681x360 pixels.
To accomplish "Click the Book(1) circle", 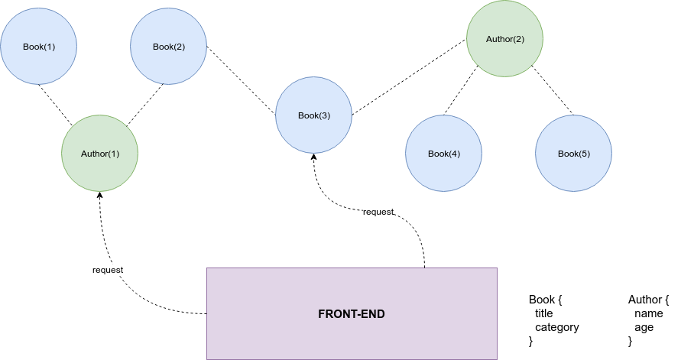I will (x=38, y=47).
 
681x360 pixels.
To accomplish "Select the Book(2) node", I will (x=169, y=47).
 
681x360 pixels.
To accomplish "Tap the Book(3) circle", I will (x=313, y=115).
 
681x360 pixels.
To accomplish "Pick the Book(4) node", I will (x=443, y=154).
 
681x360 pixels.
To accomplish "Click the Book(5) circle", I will (x=573, y=154).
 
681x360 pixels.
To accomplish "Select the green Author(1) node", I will (x=100, y=154).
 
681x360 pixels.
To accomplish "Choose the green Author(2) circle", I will (x=505, y=39).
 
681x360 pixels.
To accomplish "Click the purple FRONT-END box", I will (x=352, y=313).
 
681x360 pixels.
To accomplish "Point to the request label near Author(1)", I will (x=108, y=270).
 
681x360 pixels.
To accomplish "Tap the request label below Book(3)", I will (x=378, y=212).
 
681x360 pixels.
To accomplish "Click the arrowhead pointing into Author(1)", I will (x=100, y=196).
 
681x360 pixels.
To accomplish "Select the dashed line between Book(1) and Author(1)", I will (x=56, y=103).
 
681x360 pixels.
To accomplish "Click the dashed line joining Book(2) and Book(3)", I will (x=241, y=81).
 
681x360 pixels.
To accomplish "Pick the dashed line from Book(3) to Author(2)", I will (x=409, y=76).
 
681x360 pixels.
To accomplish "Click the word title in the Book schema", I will (x=543, y=313).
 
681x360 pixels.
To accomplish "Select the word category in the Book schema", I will (x=556, y=327).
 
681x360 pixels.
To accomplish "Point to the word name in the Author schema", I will (x=648, y=313).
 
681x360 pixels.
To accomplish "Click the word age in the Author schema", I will (x=644, y=327).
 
